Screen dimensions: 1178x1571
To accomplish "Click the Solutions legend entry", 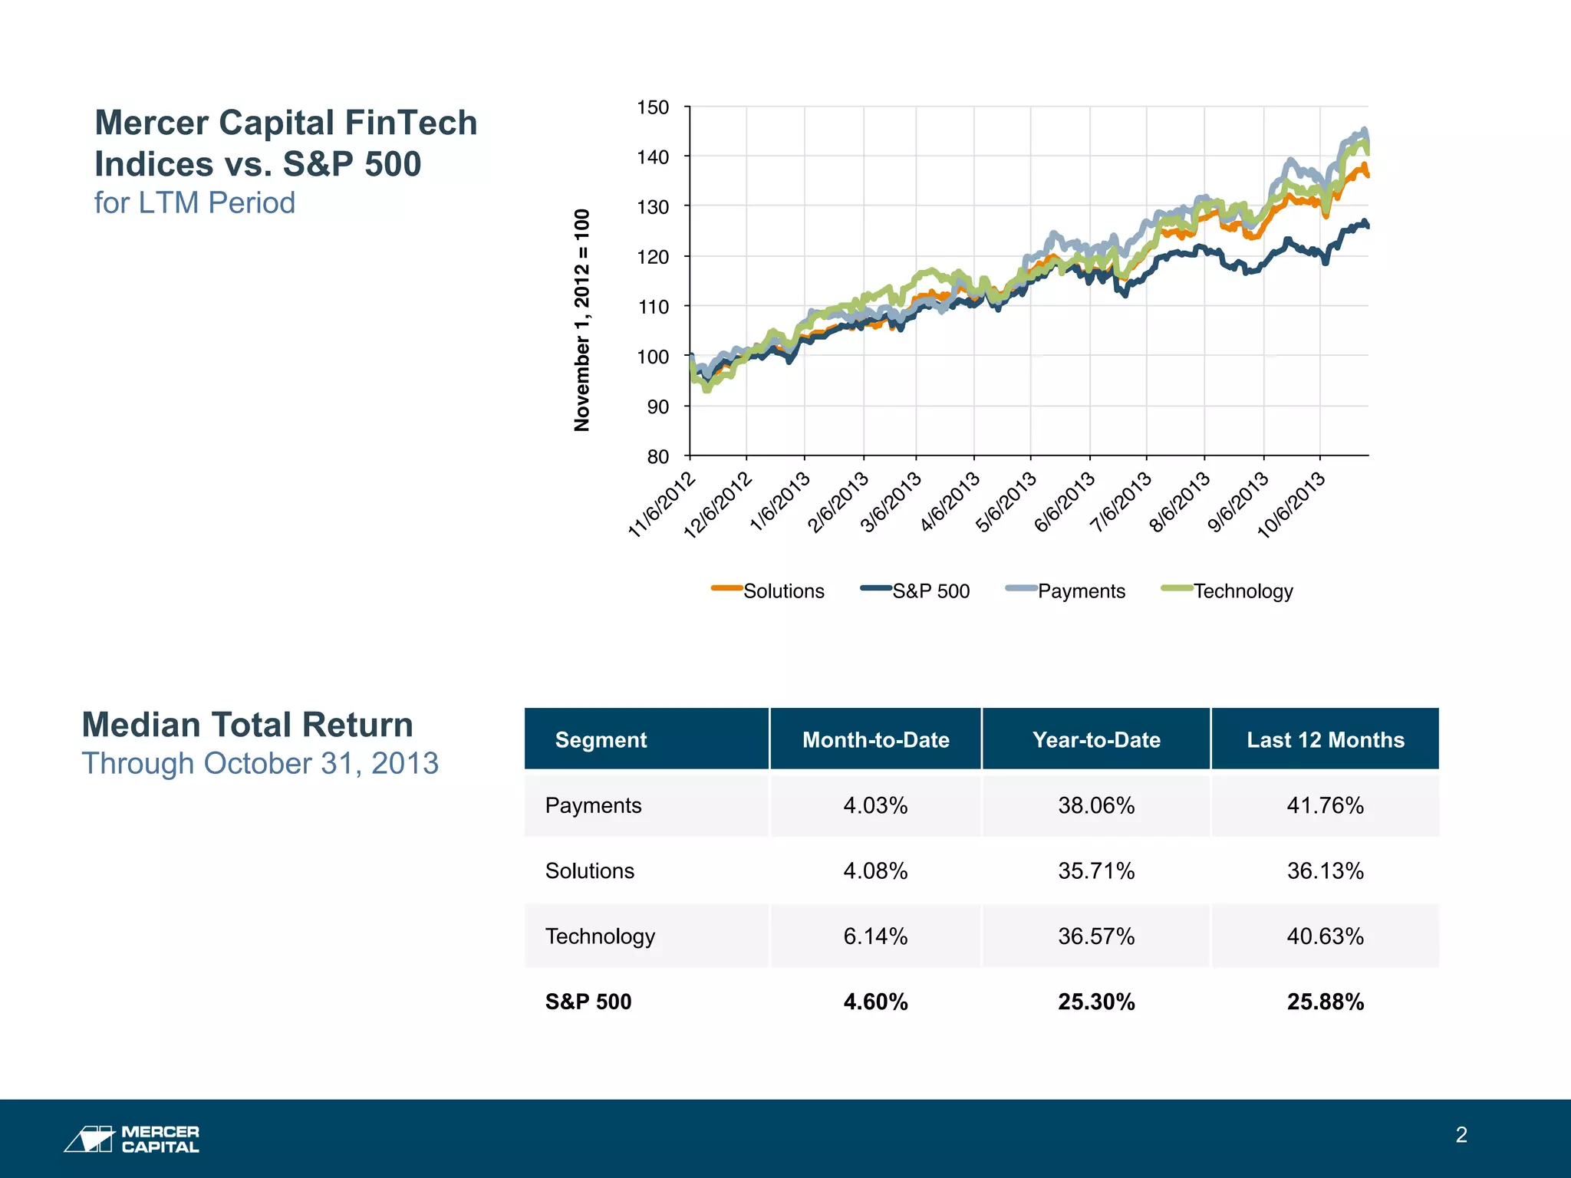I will (x=769, y=591).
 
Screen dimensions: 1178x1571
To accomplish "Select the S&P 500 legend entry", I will (x=917, y=591).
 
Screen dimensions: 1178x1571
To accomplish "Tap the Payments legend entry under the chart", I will (x=1067, y=591).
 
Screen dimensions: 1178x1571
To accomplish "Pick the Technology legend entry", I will (x=1228, y=591).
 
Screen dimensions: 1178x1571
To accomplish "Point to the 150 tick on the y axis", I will (x=653, y=107).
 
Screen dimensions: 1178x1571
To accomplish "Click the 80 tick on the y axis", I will (x=657, y=457).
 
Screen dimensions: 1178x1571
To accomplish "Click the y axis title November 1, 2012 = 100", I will (x=582, y=320).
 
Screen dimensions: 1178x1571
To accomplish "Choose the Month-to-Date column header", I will (x=875, y=739).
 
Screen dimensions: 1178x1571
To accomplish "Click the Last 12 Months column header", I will (x=1325, y=739).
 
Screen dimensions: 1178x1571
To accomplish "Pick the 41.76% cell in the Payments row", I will (x=1325, y=805).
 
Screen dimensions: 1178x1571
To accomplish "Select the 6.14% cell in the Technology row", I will (x=875, y=936).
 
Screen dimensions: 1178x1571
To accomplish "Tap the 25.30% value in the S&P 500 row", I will (x=1096, y=1002).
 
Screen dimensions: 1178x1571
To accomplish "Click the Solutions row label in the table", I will (x=590, y=870).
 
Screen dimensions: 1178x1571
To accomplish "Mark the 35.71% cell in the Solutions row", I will (x=1096, y=870).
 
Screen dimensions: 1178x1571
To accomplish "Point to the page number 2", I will (x=1461, y=1135).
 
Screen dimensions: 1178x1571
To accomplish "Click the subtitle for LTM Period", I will (x=194, y=202).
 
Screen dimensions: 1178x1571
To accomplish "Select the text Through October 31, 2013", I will (x=260, y=763).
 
